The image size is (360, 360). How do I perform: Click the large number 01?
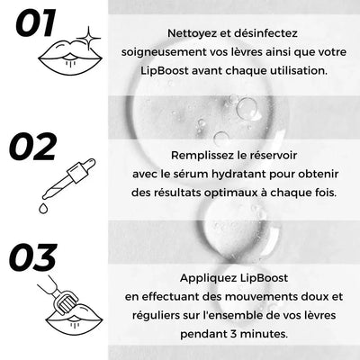[36, 23]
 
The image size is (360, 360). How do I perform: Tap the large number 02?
[33, 147]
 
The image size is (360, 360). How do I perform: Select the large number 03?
[33, 257]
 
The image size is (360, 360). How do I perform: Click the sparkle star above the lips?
[88, 38]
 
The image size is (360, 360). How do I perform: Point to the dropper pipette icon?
[68, 179]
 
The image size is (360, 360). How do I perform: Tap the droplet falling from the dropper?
[43, 209]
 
